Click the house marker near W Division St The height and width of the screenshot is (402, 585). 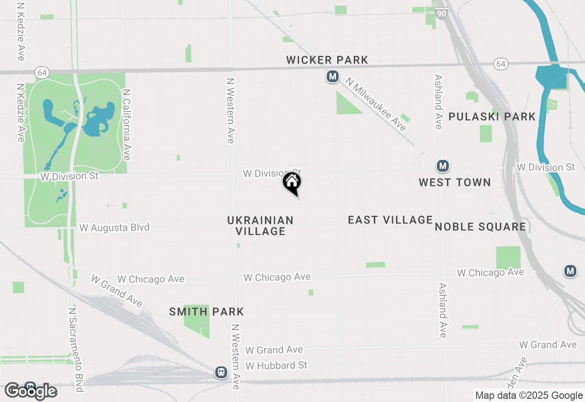292,183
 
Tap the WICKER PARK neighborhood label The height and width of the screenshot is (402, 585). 327,60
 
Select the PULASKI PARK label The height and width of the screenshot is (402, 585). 492,116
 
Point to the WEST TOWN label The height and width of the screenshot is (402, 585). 455,182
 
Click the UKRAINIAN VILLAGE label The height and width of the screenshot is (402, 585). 261,226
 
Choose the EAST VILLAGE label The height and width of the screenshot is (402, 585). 390,220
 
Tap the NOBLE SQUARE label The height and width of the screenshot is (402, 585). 480,227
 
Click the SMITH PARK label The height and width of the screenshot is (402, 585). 207,312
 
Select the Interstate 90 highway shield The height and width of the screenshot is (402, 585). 441,14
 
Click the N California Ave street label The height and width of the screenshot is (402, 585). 127,124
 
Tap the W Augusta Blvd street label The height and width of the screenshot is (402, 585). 114,227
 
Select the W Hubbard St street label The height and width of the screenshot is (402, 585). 277,365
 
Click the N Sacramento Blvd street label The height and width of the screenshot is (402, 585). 75,349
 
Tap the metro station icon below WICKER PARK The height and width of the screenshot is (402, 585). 333,76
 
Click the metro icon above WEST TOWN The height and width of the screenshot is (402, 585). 442,166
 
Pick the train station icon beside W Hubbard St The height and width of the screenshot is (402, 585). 221,372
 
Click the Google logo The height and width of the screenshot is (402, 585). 31,391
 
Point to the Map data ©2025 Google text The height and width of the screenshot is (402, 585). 529,396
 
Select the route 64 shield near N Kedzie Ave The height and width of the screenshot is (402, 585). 42,72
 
